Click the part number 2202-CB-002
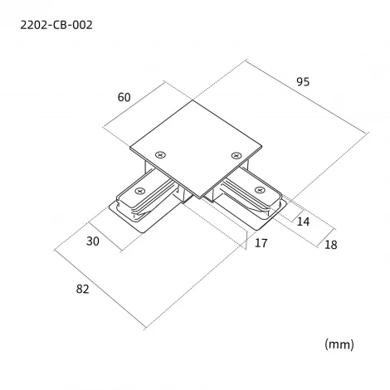(x=56, y=25)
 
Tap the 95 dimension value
(x=303, y=81)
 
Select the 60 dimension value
(x=124, y=97)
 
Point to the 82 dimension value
(x=82, y=289)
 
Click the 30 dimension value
(x=92, y=241)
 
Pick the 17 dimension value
(x=261, y=243)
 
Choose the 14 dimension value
(x=303, y=222)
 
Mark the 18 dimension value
(x=331, y=245)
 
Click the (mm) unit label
(x=339, y=344)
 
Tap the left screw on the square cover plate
(x=160, y=155)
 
